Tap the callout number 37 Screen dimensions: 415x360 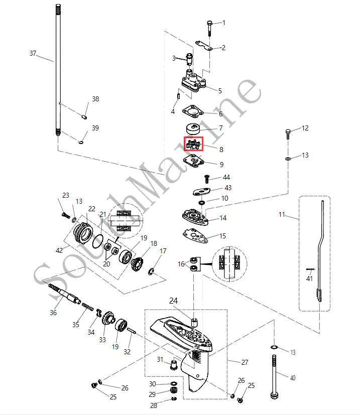[x=33, y=53]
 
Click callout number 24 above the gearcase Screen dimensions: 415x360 [x=173, y=301]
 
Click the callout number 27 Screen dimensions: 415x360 [x=245, y=362]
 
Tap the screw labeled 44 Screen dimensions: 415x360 [x=206, y=178]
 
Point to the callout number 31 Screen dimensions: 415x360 [x=160, y=359]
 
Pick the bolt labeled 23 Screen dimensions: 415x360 [x=65, y=215]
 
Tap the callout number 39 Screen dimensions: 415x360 [x=95, y=128]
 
